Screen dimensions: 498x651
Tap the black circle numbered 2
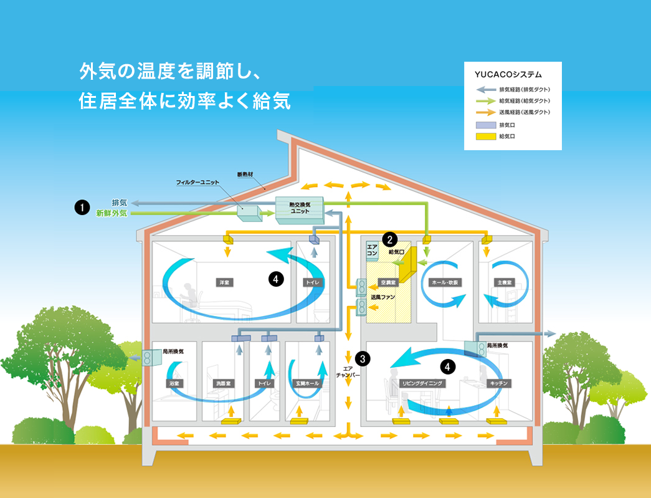(390, 238)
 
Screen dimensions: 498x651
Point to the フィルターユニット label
(197, 183)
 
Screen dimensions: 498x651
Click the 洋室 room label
(222, 282)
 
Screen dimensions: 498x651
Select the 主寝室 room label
(504, 282)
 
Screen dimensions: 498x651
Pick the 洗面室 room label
(223, 383)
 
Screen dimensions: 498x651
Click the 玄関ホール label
(306, 383)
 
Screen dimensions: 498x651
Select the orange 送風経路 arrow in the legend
(484, 112)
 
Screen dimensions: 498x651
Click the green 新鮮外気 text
(112, 213)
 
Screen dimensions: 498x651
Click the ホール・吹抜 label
(445, 282)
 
